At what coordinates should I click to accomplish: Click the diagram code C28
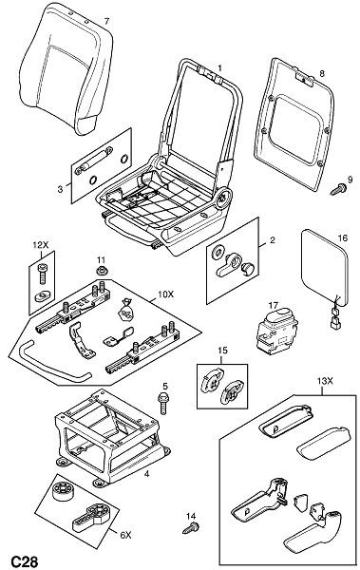[25, 561]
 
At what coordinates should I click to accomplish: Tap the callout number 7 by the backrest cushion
[106, 22]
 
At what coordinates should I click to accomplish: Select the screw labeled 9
[338, 189]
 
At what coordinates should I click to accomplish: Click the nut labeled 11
[101, 271]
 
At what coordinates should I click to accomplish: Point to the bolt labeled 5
[163, 402]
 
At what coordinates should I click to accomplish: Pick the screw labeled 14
[191, 527]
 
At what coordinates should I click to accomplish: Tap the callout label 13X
[322, 381]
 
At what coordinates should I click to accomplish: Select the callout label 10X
[165, 294]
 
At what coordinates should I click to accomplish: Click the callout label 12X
[41, 245]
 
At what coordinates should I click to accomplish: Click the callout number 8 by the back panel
[321, 74]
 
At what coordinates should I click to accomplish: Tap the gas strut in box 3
[93, 160]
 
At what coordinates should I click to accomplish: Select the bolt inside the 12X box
[42, 274]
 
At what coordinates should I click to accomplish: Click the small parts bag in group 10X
[125, 310]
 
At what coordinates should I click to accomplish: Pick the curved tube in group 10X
[54, 364]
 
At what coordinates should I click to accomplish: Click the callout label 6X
[124, 535]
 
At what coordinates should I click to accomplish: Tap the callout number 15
[222, 351]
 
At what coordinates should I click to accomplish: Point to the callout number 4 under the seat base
[146, 474]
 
